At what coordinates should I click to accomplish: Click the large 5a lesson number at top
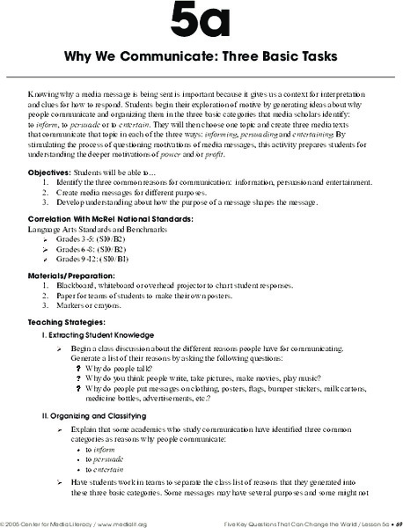click(x=201, y=25)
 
